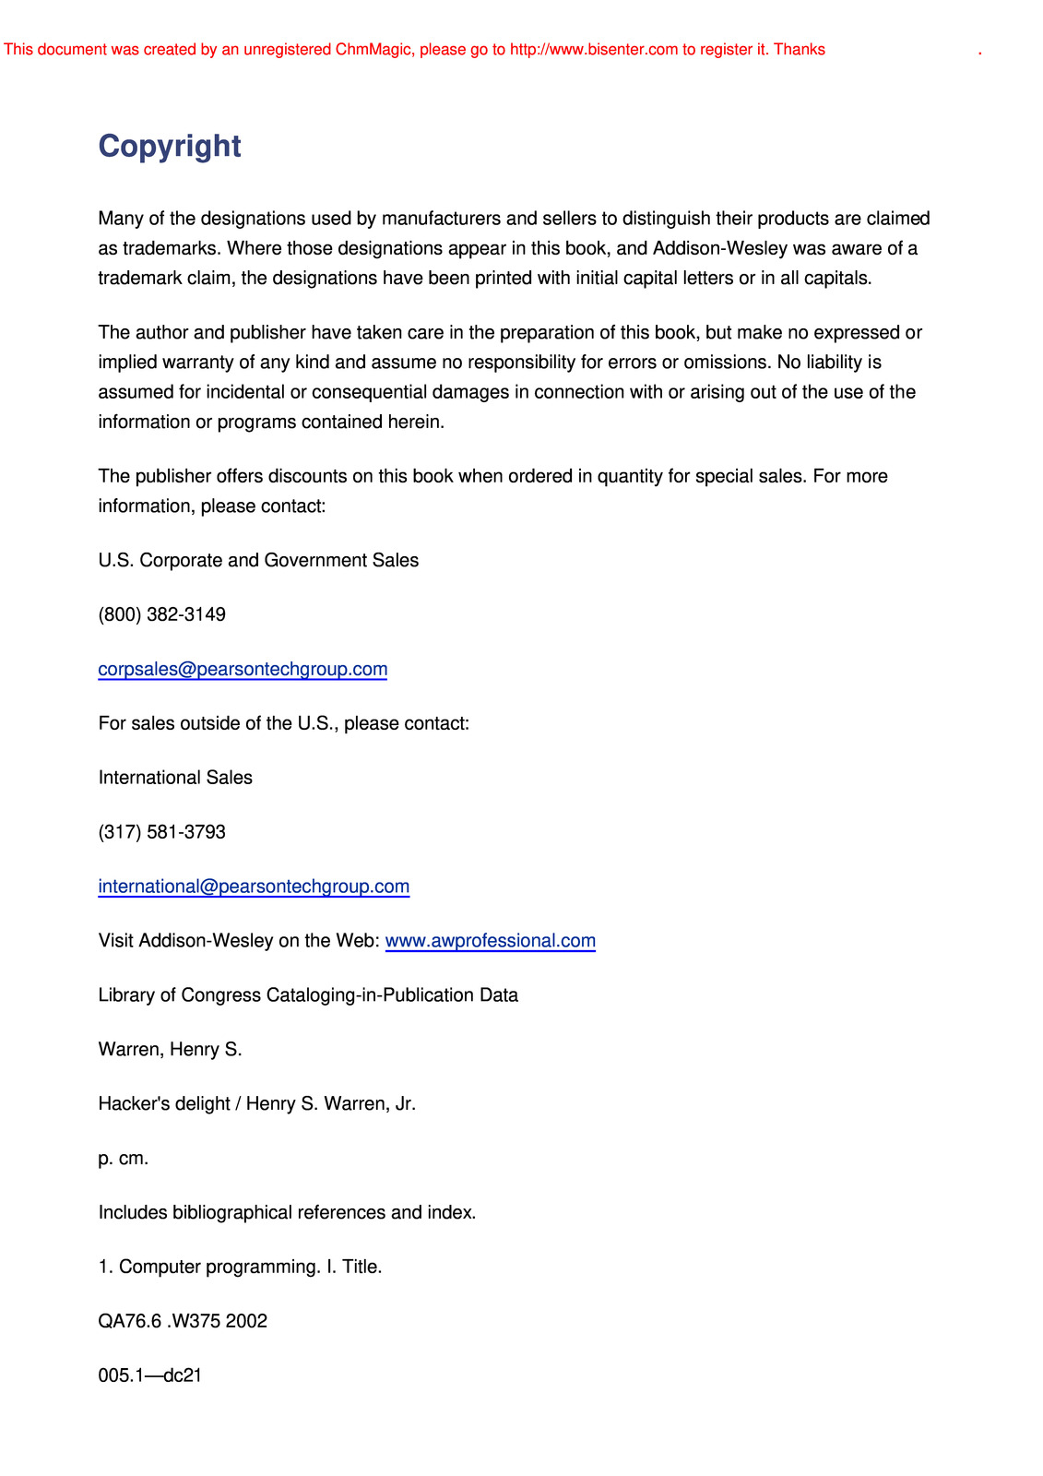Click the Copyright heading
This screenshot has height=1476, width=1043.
point(170,147)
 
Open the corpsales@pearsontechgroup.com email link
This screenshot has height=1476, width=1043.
point(243,669)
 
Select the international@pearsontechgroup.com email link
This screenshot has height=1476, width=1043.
point(254,887)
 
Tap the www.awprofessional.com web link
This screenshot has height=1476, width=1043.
point(490,941)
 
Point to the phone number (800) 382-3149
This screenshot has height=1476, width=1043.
point(162,614)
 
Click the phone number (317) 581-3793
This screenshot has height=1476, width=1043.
point(162,832)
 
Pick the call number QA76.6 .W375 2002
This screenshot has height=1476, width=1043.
point(183,1321)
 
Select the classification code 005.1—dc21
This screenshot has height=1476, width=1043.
point(150,1375)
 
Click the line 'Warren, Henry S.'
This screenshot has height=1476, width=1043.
point(170,1050)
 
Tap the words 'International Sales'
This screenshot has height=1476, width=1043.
point(175,778)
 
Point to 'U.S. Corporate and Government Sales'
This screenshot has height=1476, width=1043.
point(258,560)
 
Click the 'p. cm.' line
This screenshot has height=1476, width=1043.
point(124,1159)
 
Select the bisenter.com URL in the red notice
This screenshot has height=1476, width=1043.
point(593,50)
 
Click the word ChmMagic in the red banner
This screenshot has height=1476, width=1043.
point(373,50)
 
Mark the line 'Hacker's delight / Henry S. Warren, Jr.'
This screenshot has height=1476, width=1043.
point(256,1104)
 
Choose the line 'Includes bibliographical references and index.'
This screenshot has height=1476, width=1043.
point(287,1212)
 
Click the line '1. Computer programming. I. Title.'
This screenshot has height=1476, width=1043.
point(240,1267)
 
